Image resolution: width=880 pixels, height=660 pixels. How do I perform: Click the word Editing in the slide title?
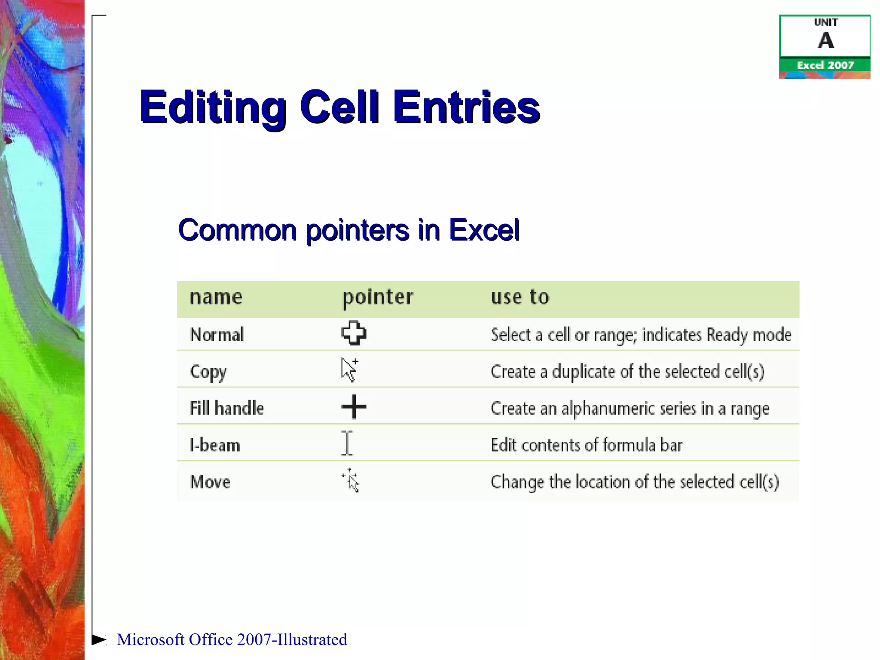tap(213, 107)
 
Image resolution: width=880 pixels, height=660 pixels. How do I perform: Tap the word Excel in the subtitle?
tap(484, 230)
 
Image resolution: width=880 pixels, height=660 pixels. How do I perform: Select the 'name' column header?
tap(216, 297)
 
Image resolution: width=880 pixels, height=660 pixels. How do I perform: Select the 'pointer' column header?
tap(378, 297)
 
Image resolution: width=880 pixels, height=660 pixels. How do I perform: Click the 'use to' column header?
tap(520, 297)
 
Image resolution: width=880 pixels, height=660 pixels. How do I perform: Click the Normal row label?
tap(217, 335)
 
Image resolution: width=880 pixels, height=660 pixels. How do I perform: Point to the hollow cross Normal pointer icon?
tap(354, 333)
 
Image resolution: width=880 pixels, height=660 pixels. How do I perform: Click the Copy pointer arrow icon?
tap(349, 370)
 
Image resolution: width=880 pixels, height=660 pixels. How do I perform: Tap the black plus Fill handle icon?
tap(354, 406)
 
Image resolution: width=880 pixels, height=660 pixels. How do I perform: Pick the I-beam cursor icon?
tap(347, 443)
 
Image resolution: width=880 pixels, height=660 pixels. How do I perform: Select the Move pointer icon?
tap(351, 480)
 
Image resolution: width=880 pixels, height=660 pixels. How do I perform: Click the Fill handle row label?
tap(227, 408)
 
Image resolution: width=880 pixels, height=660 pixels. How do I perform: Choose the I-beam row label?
tap(215, 445)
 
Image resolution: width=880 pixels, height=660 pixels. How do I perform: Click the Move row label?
tap(210, 482)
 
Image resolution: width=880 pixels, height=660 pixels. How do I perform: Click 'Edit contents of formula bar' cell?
tap(587, 445)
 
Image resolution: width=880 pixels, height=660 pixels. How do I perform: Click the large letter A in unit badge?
tap(825, 41)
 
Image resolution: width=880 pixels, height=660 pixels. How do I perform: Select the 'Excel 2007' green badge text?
tap(825, 65)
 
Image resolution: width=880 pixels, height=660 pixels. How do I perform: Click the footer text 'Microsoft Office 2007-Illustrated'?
tap(232, 639)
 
